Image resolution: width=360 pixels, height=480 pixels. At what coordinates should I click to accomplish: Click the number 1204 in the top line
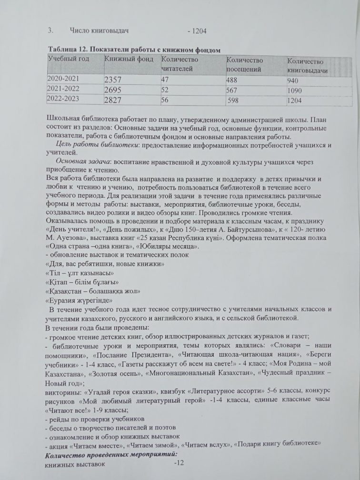pos(199,31)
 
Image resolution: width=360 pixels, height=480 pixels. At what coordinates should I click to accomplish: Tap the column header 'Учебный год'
pos(66,59)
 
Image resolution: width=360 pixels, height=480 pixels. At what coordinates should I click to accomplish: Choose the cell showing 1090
pos(297,90)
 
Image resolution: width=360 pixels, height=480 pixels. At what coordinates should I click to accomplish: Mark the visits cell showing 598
pos(233,100)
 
